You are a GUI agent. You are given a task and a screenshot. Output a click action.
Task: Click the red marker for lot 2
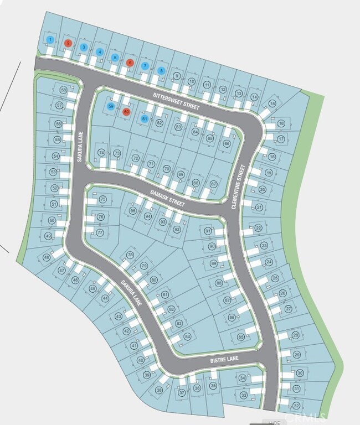pos(68,43)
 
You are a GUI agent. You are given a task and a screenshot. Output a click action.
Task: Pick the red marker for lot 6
pos(130,63)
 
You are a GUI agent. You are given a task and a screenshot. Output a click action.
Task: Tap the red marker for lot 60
pos(126,111)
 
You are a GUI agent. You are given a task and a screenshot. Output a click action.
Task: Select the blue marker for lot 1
pos(50,39)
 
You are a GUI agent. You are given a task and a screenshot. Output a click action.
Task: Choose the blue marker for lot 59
pos(111,106)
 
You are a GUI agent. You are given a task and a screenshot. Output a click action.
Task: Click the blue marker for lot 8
pos(161,70)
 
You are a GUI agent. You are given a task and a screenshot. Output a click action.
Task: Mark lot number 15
pos(272,103)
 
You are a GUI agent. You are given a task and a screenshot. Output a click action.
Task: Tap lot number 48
pos(47,257)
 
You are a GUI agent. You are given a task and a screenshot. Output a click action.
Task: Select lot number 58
pos(64,90)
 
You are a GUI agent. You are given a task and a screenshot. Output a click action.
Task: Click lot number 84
pos(187,336)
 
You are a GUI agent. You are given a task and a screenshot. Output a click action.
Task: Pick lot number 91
pos(208,230)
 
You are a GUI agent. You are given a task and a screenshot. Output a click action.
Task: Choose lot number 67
pos(214,184)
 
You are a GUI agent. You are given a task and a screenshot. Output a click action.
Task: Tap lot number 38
pos(159,390)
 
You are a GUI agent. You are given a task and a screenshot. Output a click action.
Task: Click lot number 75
pos(102,200)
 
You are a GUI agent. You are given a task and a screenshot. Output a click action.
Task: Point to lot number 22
pos(258,227)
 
